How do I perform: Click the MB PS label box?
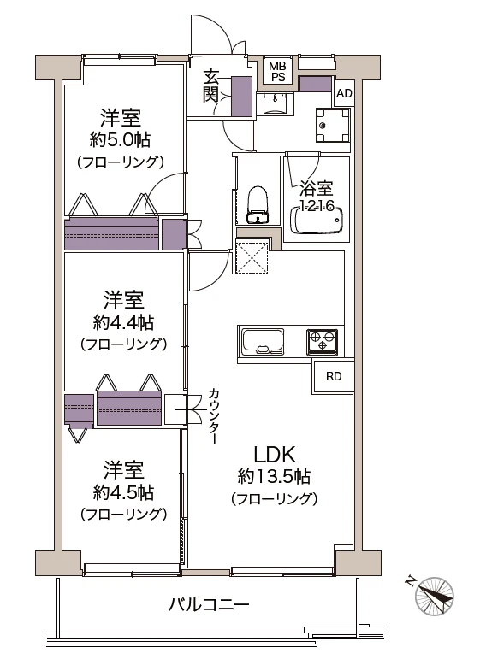point(277,71)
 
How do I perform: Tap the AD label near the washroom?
point(343,93)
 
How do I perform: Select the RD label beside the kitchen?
point(334,376)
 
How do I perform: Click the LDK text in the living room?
point(274,454)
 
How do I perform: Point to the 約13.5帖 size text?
point(274,476)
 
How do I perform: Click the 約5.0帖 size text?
point(120,138)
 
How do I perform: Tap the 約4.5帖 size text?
point(123,492)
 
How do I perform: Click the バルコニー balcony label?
point(208,605)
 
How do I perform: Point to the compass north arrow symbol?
point(434,593)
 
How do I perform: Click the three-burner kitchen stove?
point(323,342)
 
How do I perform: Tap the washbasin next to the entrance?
point(275,103)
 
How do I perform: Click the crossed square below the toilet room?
point(253,258)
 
